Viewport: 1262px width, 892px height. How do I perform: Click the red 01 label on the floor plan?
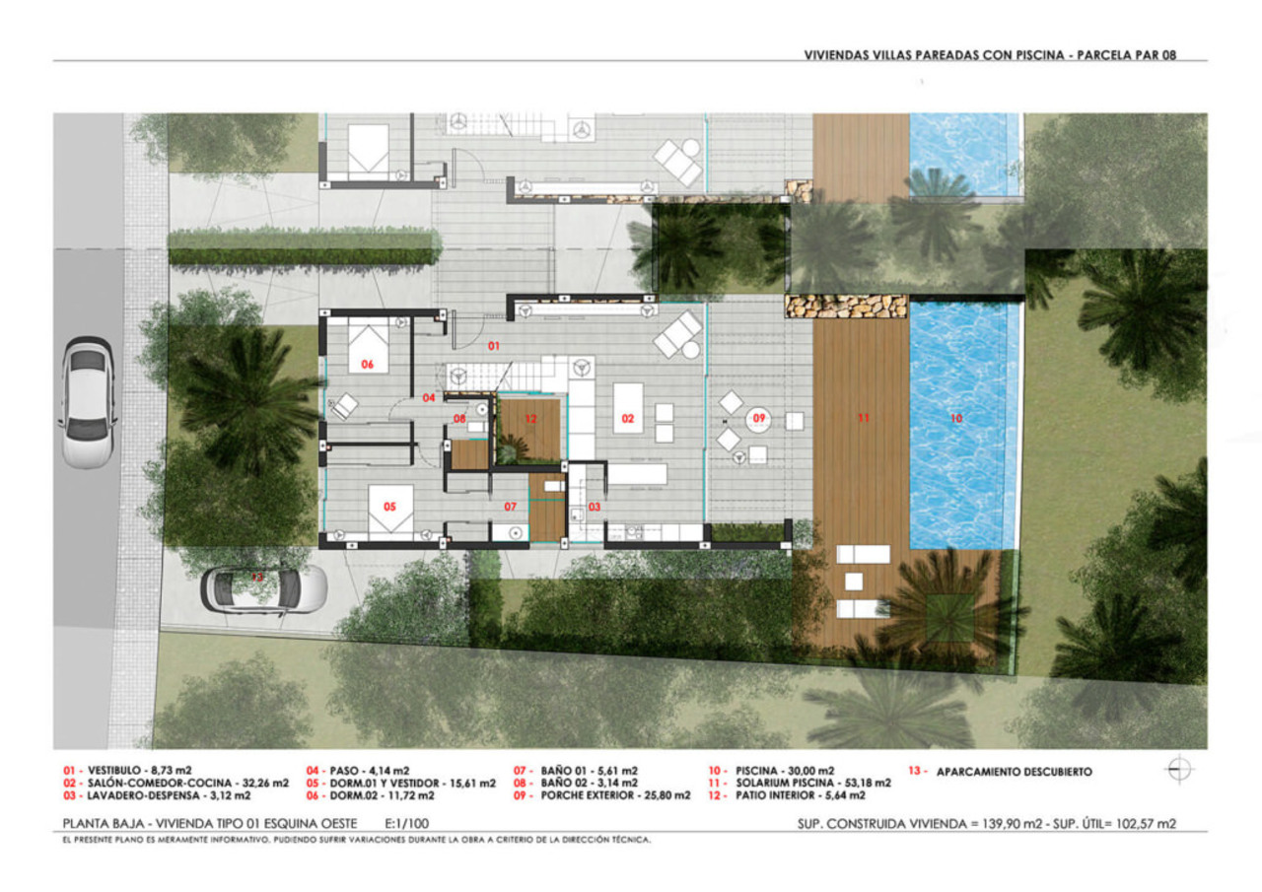pyautogui.click(x=494, y=346)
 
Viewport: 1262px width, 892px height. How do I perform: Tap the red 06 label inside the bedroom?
pyautogui.click(x=368, y=365)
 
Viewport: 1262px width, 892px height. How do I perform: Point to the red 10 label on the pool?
pyautogui.click(x=955, y=418)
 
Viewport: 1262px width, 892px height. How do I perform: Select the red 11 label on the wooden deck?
pyautogui.click(x=864, y=418)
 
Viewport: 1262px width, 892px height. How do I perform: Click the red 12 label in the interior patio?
pyautogui.click(x=530, y=419)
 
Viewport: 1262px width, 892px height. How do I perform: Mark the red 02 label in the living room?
pyautogui.click(x=627, y=418)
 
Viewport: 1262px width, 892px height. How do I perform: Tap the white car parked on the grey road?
pyautogui.click(x=87, y=402)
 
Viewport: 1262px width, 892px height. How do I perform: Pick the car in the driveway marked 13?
pyautogui.click(x=263, y=588)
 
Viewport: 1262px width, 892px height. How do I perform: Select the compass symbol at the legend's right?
pyautogui.click(x=1179, y=770)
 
